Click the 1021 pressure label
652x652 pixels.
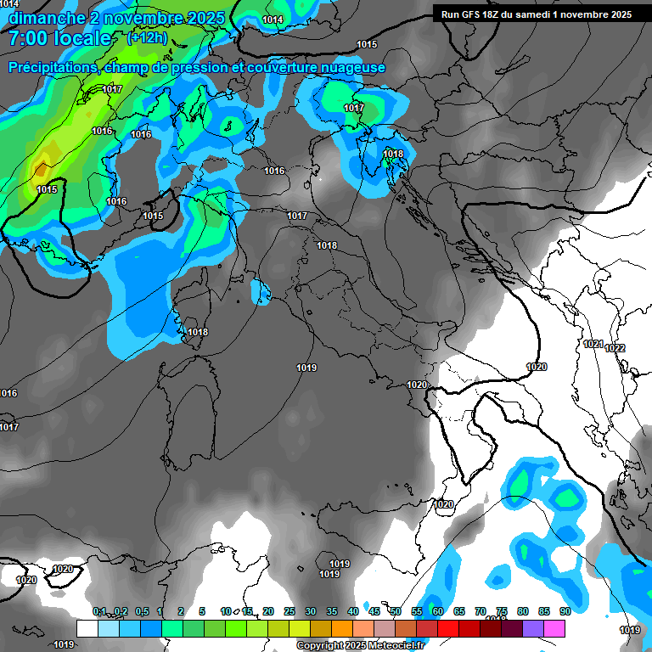[x=593, y=344]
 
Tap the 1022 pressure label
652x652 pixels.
[x=615, y=348]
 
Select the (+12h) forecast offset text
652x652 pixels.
[x=147, y=37]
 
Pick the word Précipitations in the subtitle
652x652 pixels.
[x=53, y=68]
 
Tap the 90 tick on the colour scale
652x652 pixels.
[x=565, y=611]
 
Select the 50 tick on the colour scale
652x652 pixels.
[x=395, y=611]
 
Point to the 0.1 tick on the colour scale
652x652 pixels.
[x=99, y=611]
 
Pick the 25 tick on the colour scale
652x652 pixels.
[x=289, y=611]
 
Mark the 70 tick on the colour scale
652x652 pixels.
[x=480, y=611]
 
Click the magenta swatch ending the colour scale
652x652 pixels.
[x=554, y=628]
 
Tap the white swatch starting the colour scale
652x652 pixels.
[x=87, y=628]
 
